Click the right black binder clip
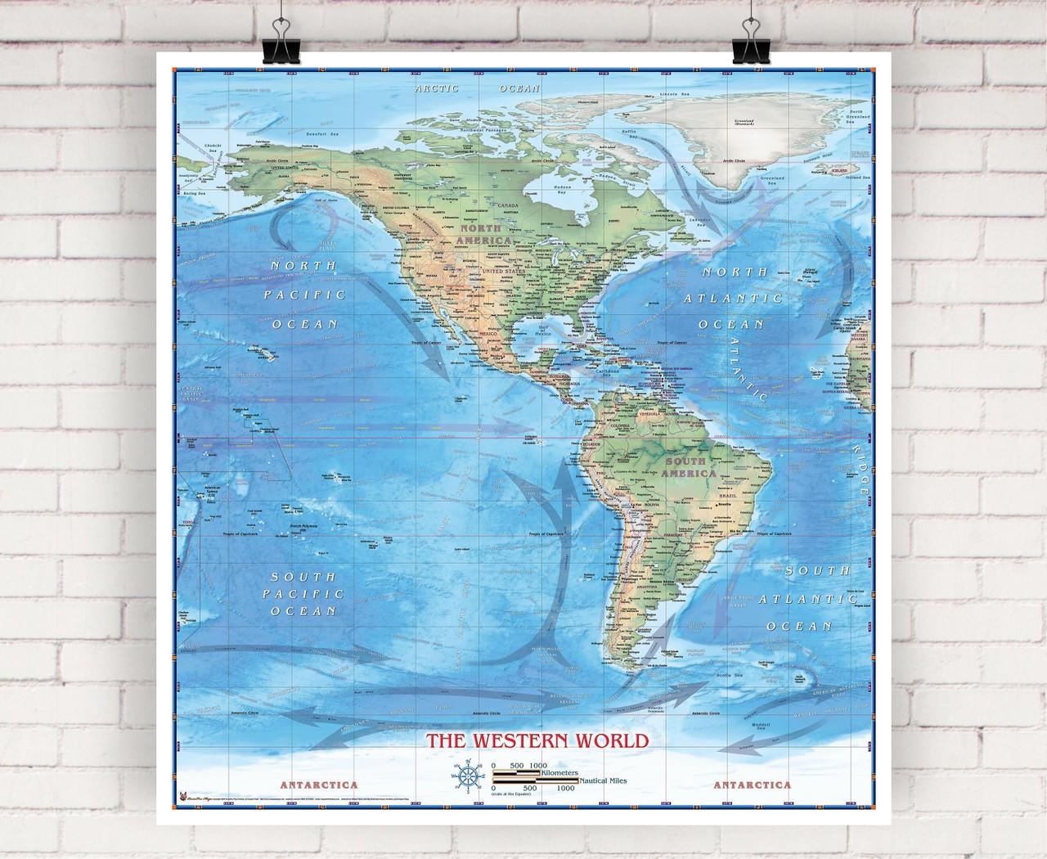(749, 45)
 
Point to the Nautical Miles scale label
(604, 781)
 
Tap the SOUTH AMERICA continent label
(689, 467)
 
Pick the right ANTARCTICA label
(753, 785)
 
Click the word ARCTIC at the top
(436, 88)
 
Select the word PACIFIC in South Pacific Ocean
(303, 594)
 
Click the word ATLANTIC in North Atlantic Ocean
(733, 299)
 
